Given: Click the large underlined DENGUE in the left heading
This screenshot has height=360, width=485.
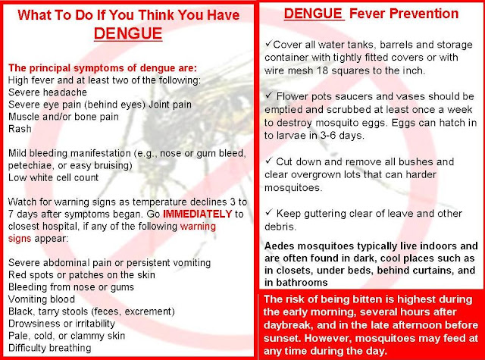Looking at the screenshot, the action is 128,33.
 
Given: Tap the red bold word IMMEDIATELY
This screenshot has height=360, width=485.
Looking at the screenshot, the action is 197,214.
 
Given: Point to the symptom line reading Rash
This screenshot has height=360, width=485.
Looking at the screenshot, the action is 20,129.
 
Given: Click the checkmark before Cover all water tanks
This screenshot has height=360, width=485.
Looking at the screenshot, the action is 268,43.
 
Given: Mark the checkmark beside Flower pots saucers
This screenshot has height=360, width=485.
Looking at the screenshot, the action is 269,95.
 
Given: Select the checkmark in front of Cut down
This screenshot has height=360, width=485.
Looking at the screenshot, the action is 269,161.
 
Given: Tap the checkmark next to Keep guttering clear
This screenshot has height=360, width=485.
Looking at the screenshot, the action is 269,212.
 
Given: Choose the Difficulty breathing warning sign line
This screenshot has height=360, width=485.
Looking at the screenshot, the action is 50,348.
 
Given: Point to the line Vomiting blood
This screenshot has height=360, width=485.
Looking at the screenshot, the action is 42,299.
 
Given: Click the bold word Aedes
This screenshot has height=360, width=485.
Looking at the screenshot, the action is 280,246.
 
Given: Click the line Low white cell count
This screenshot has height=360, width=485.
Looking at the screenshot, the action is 53,177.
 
